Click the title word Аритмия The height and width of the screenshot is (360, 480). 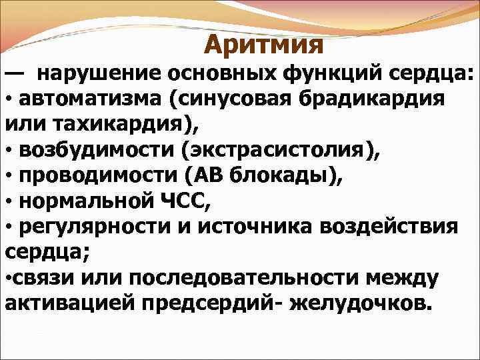pos(263,45)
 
